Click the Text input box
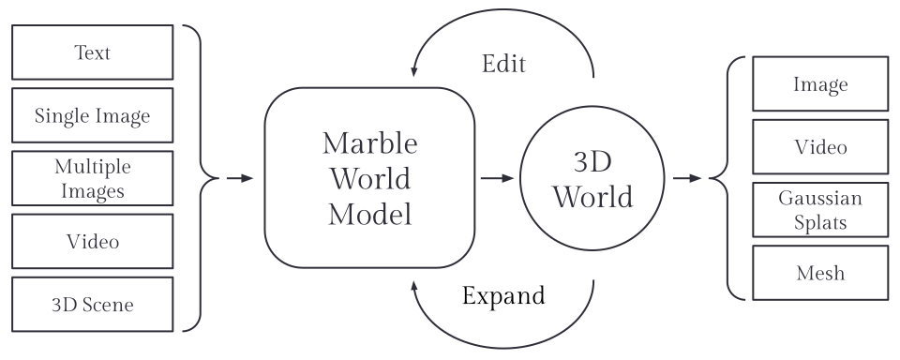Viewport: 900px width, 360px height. [92, 52]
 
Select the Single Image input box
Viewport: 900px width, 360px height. [92, 115]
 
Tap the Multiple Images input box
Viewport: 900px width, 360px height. [92, 178]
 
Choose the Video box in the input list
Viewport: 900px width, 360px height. [92, 241]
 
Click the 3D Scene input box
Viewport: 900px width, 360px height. [92, 304]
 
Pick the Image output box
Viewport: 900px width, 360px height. [820, 83]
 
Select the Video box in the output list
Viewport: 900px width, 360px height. [820, 147]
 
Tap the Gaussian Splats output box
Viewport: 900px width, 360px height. [820, 210]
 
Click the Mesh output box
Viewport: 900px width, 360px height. [820, 273]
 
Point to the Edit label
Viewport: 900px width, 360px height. [503, 64]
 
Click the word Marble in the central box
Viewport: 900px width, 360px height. [370, 143]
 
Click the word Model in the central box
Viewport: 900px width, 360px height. [370, 215]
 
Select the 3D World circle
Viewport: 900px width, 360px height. [592, 179]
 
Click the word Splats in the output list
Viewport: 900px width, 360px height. [820, 222]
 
